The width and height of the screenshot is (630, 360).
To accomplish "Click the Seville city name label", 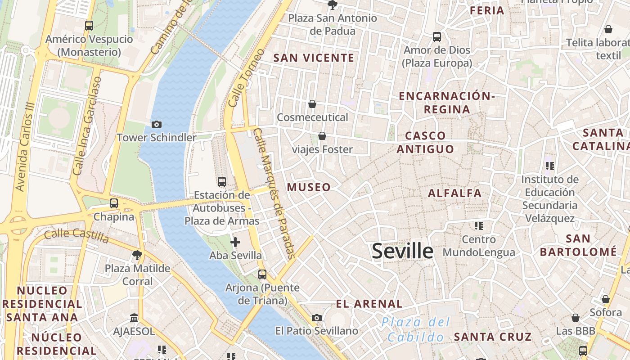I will click(402, 251).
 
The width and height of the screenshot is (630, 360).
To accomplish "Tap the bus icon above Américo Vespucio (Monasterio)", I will click(89, 26).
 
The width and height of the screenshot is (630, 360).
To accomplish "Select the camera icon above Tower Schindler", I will click(157, 124).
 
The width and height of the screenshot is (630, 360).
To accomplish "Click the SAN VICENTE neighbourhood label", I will click(314, 58).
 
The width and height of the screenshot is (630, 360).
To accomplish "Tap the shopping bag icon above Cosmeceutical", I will click(312, 104).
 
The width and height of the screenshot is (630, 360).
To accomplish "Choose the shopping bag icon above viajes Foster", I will click(322, 136).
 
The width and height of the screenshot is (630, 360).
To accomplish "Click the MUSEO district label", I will click(309, 187).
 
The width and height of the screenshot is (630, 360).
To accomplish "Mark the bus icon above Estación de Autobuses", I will click(222, 182).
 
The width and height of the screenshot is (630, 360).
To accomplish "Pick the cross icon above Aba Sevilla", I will click(235, 242).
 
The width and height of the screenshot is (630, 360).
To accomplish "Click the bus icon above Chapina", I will click(114, 203).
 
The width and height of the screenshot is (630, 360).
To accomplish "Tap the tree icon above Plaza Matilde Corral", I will click(137, 256).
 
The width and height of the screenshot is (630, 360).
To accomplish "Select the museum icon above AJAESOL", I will click(134, 318).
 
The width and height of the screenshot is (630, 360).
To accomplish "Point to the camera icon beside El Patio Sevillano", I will click(317, 318).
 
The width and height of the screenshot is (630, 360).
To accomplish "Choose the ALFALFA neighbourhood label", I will click(454, 193).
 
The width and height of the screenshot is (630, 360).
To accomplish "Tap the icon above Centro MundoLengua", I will click(478, 225).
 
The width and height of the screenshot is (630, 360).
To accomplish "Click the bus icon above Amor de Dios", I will click(436, 37).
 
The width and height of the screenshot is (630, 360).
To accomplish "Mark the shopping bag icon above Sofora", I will click(606, 299).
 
